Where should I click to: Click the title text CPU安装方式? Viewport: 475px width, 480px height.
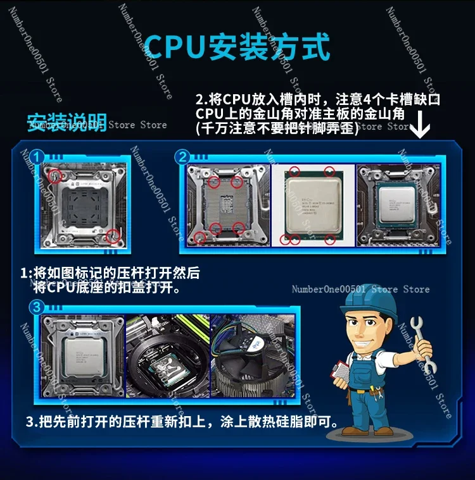pos(237,46)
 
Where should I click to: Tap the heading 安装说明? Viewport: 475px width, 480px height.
pos(67,121)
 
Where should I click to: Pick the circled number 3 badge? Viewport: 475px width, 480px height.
pos(37,308)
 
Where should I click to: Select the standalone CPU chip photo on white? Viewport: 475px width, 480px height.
pos(312,206)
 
